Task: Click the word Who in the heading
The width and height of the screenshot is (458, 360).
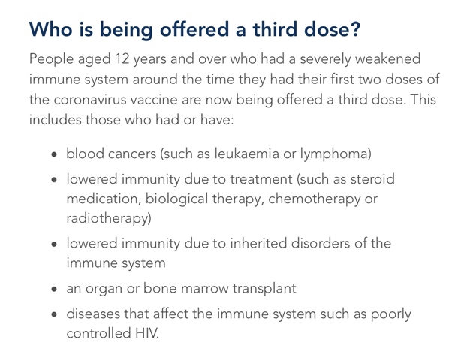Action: pos(51,29)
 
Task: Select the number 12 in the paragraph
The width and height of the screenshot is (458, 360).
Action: pos(122,59)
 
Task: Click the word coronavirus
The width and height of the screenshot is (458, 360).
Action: pos(90,100)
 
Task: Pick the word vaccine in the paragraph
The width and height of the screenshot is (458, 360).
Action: pos(154,100)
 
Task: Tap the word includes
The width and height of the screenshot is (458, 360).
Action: pos(56,120)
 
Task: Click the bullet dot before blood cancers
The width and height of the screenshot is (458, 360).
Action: pos(54,154)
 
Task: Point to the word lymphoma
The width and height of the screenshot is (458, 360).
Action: pos(333,154)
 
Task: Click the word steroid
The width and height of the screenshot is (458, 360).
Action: pos(372,178)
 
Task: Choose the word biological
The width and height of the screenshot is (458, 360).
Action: pos(176,199)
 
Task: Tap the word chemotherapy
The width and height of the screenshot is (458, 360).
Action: pos(314,199)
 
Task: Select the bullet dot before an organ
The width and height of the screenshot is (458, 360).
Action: pos(54,289)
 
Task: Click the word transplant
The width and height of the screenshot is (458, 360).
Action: pos(264,289)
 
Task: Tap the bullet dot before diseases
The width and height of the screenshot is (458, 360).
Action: pos(54,314)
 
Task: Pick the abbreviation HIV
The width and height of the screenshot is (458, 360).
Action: pos(146,333)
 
